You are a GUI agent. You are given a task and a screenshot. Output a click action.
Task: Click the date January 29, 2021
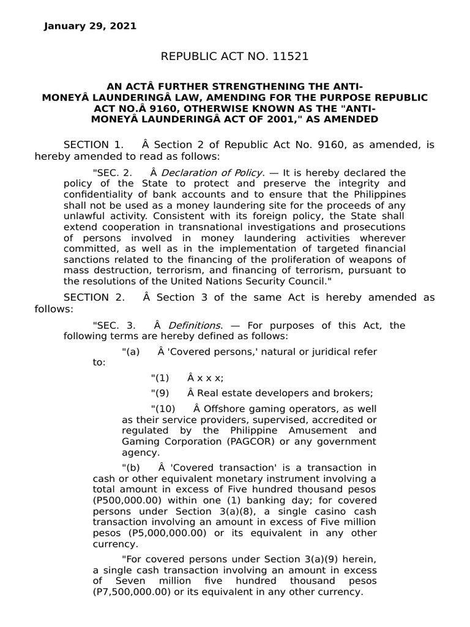tap(90, 26)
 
